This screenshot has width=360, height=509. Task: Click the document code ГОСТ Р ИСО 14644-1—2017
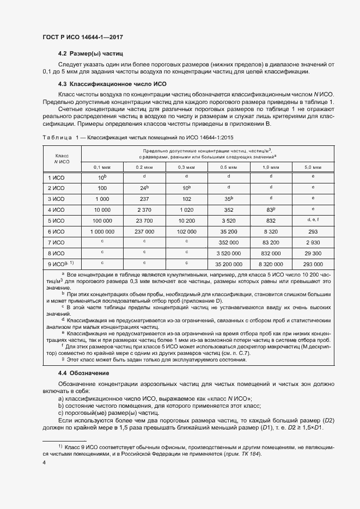tap(82, 37)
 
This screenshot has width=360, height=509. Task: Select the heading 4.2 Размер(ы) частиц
tap(90, 54)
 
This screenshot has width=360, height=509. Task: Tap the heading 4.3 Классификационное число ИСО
tap(112, 84)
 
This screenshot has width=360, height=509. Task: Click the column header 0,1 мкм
tap(101, 167)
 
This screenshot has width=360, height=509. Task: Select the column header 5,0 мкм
tap(313, 167)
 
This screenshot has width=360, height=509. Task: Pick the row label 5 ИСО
tap(56, 220)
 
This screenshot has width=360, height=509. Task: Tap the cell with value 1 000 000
tap(101, 231)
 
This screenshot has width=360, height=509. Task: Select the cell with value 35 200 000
tap(229, 263)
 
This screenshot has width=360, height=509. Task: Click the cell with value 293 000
tap(313, 263)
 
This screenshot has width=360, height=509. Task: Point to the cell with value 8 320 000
tap(271, 263)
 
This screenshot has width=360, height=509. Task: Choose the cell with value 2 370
tap(144, 210)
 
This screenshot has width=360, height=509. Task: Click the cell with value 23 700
tap(144, 220)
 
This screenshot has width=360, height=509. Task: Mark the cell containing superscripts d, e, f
tap(313, 219)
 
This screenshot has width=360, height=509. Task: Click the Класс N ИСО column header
tap(62, 158)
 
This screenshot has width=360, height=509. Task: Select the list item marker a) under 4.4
tap(60, 398)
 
